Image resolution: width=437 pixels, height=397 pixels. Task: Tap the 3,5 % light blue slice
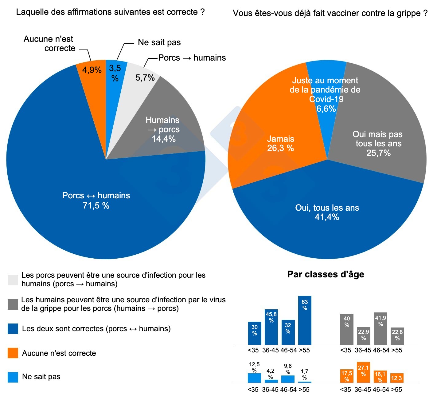point(115,73)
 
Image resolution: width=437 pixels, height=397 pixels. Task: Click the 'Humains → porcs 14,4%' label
point(163,129)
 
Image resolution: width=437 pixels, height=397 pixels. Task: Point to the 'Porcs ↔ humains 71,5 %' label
point(96,200)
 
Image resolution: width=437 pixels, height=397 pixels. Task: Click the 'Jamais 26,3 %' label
point(280,143)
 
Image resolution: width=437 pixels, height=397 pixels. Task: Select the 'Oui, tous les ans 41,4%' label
point(327,212)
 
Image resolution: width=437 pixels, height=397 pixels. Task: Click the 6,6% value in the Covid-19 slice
point(326,109)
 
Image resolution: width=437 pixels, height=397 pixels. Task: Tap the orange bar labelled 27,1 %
point(363,372)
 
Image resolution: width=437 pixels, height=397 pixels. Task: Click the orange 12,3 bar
point(396,378)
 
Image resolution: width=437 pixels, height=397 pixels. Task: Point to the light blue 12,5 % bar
point(254,378)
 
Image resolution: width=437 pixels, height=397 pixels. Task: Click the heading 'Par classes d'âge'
point(326,274)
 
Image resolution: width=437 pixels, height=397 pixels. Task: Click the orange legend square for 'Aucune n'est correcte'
point(13,353)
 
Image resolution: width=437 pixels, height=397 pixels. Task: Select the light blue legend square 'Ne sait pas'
point(13,377)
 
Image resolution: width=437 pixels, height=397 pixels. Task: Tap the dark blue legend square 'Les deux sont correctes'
point(13,329)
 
